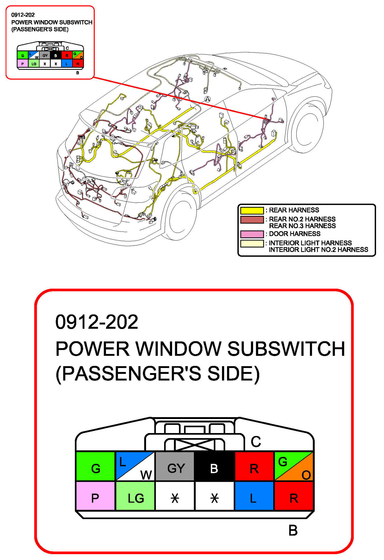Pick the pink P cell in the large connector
[x=95, y=496]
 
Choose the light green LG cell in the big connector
[x=135, y=496]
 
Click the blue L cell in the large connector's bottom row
[x=254, y=496]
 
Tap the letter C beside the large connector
[x=256, y=442]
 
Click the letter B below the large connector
[x=293, y=531]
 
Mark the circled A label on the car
[x=207, y=99]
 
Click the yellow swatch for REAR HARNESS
[x=252, y=210]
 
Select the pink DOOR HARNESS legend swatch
[x=252, y=234]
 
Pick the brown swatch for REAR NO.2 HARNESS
[x=252, y=219]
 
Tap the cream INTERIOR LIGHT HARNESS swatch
[x=252, y=243]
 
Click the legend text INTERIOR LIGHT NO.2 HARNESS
[x=318, y=250]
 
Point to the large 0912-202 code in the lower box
[x=97, y=322]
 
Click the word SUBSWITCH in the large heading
[x=286, y=349]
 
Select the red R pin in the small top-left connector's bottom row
[x=78, y=64]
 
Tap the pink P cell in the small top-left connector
[x=22, y=64]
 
